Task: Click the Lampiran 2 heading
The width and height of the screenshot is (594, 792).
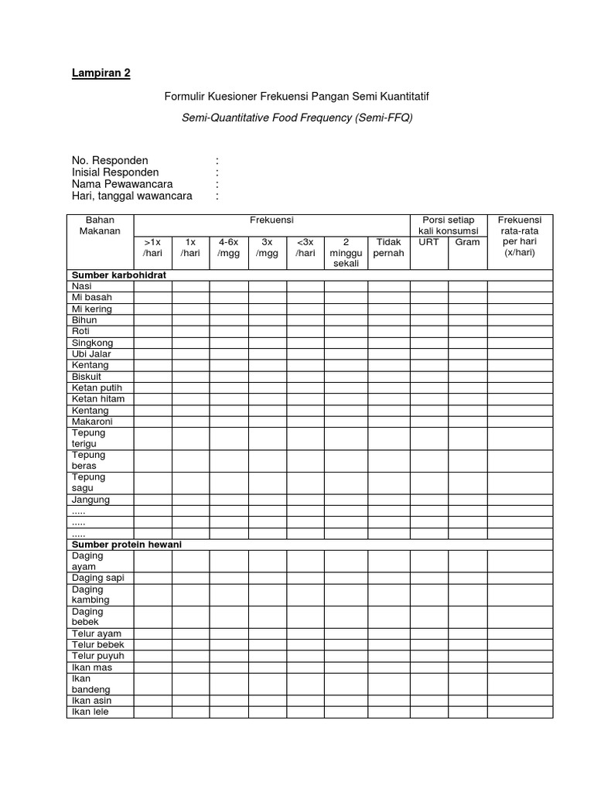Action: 101,73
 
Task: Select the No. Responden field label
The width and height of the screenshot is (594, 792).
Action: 110,161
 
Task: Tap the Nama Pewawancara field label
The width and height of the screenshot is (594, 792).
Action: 121,184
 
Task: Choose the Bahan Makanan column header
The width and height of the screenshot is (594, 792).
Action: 100,225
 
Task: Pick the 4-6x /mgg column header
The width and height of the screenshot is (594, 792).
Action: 228,247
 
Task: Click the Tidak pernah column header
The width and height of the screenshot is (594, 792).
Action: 388,247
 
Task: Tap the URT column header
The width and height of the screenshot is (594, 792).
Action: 428,242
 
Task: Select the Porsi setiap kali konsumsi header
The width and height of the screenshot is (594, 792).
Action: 448,225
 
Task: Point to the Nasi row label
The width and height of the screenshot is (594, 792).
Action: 81,286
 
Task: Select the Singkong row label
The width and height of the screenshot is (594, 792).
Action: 92,343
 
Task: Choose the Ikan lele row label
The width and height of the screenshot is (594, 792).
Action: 90,712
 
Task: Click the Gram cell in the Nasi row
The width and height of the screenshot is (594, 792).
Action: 467,286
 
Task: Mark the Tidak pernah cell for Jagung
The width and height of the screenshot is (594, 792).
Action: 388,500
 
